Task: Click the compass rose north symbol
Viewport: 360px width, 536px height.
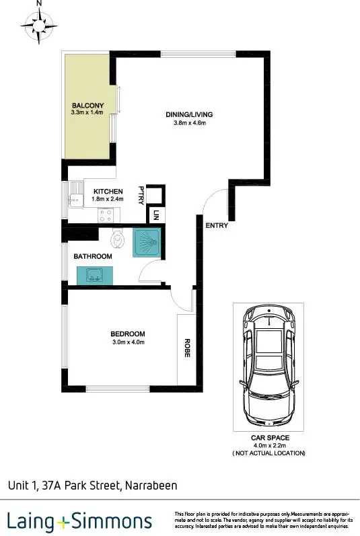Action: [38, 24]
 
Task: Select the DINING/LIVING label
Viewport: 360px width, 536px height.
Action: [189, 114]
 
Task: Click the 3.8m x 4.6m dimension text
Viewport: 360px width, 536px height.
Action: [189, 123]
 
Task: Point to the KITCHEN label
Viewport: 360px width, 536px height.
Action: [108, 192]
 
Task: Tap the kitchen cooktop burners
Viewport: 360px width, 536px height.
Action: [106, 216]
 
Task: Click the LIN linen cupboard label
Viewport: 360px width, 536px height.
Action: [155, 216]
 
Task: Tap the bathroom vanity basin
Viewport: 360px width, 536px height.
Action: [94, 275]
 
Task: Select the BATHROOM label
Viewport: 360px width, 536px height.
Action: [93, 256]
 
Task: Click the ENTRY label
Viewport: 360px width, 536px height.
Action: [217, 225]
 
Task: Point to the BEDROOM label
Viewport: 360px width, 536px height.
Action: [127, 334]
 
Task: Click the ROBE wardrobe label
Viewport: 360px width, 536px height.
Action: [186, 346]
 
